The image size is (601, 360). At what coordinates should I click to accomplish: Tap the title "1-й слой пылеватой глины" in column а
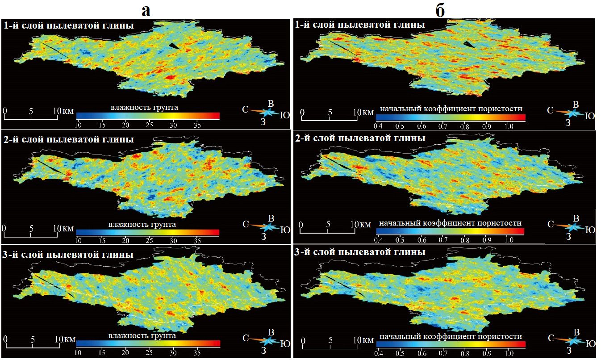pos(69,25)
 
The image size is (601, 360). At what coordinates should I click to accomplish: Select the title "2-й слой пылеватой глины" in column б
pos(360,138)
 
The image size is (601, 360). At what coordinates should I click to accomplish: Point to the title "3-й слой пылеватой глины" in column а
pos(69,255)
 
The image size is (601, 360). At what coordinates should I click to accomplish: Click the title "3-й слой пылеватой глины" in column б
pos(360,252)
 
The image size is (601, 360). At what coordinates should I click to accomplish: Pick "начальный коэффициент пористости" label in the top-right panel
pos(451,109)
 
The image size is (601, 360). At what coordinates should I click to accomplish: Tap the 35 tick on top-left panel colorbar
pos(197,124)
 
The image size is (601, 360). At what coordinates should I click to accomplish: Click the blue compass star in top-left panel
pos(269,112)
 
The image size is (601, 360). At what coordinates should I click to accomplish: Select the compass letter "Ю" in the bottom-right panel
pos(590,344)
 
